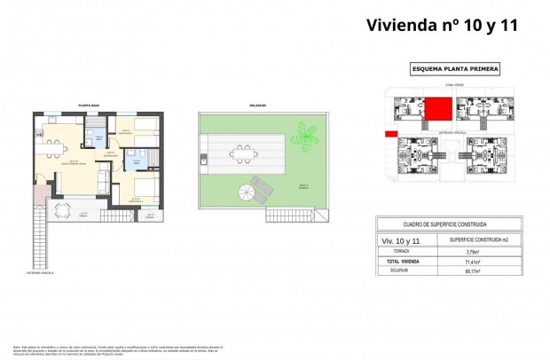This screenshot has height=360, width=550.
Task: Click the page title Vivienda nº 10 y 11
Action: coord(441,24)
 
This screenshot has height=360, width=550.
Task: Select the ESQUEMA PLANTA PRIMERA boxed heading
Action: coord(455,68)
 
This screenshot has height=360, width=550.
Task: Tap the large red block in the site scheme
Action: coord(436,109)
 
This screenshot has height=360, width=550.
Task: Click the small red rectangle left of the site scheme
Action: coord(390,134)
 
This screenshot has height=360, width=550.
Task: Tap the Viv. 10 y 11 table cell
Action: coord(401,239)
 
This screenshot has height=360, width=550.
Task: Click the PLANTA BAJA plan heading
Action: coord(89,105)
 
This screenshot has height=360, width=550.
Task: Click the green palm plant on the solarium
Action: coord(307,136)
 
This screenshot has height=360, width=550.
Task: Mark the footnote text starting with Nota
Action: coord(106,348)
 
